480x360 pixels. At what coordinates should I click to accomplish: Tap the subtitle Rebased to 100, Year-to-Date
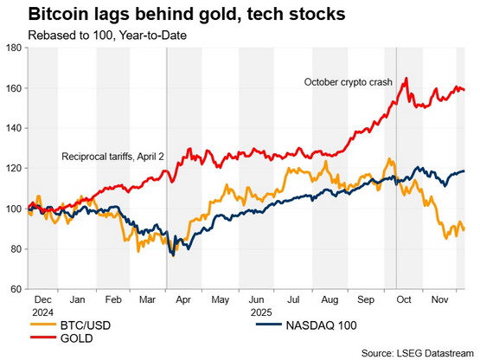coord(107,35)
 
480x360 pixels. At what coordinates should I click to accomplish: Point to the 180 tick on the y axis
coord(15,48)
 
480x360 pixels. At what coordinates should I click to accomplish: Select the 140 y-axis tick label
coord(15,128)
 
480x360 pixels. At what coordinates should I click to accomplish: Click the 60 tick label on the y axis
coord(17,289)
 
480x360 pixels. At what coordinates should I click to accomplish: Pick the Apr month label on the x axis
coord(183,299)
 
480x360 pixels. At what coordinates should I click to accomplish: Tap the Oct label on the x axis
coord(404,299)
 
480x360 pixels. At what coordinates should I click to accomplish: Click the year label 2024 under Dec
coord(43,312)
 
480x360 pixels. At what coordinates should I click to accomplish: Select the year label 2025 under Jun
coord(261,312)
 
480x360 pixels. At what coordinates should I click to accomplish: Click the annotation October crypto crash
coord(348,82)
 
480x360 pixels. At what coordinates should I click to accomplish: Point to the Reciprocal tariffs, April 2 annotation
coord(112,157)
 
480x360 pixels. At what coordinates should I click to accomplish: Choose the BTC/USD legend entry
coord(71,325)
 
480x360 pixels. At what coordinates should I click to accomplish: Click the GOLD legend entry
coord(61,338)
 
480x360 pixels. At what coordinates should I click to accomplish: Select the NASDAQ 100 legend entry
coord(306,325)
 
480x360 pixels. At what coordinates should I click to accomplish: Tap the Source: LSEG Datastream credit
coord(418,353)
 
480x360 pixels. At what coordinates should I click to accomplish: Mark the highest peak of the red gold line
coord(406,78)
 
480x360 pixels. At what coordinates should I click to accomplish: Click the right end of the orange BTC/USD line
coord(464,228)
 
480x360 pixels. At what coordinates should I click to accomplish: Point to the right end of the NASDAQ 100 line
coord(464,171)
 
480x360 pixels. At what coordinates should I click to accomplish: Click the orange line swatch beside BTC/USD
coord(43,325)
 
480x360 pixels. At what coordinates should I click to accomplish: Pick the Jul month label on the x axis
coord(293,299)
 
